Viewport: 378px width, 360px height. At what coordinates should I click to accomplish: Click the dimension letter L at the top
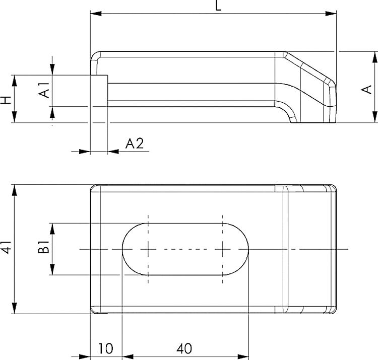(217, 6)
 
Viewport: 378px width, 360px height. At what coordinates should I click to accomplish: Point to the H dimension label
(6, 99)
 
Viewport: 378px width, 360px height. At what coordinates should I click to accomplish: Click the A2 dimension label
(134, 144)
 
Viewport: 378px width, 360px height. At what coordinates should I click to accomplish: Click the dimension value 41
(6, 248)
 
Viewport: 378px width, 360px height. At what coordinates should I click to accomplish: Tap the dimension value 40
(184, 348)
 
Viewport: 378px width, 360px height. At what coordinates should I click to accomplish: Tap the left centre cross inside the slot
(148, 249)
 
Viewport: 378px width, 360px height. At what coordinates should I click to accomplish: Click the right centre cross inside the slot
(222, 249)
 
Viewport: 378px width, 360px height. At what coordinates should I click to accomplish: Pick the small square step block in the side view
(99, 91)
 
